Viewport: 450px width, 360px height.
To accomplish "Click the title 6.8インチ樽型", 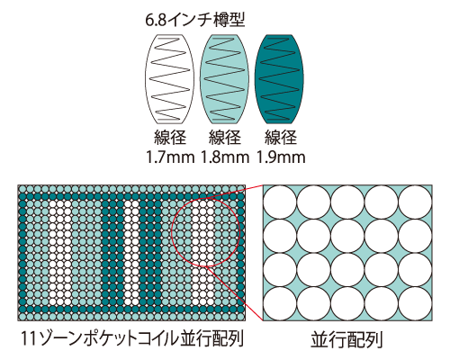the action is (x=195, y=21).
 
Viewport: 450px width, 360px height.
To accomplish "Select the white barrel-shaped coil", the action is (x=170, y=79).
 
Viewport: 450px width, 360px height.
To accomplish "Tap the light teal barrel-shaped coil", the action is (x=224, y=79).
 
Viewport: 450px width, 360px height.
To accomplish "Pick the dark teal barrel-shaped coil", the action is (x=279, y=79).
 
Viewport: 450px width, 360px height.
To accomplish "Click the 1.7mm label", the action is (x=170, y=157).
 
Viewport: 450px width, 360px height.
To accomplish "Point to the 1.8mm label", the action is (x=225, y=157).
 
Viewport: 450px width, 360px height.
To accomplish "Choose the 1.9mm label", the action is (x=281, y=157).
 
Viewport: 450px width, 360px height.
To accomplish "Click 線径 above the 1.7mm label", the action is (x=170, y=137).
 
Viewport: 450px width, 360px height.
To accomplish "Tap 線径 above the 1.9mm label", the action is (x=281, y=137).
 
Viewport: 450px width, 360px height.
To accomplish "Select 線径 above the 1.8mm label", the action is (x=225, y=137).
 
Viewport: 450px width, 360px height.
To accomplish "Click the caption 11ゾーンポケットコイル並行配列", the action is (x=132, y=339).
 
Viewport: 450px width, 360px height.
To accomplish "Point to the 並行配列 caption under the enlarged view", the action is (x=346, y=340).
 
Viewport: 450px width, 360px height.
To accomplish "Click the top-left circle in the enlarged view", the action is (x=280, y=202).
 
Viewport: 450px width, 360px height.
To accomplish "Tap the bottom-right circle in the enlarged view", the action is (x=416, y=304).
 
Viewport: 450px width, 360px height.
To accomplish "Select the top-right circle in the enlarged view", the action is (x=416, y=202).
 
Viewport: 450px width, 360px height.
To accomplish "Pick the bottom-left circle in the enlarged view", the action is (x=280, y=304).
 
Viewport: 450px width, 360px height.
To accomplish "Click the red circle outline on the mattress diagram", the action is (x=171, y=232).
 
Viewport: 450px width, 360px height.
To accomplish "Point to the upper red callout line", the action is (x=233, y=192).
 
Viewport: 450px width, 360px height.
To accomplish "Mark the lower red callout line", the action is (x=235, y=293).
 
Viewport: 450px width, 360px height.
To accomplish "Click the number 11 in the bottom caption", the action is (x=28, y=339).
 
